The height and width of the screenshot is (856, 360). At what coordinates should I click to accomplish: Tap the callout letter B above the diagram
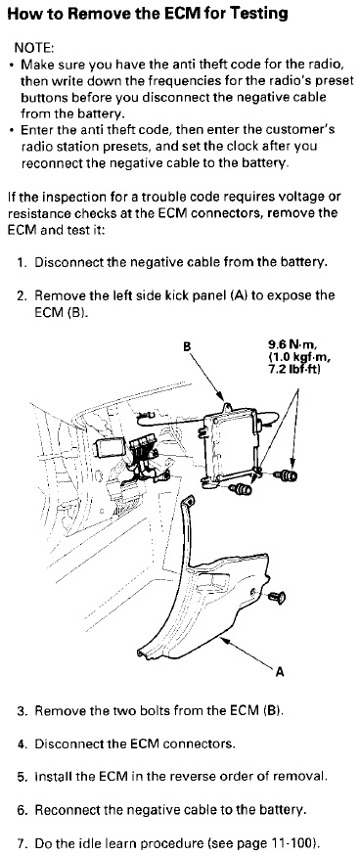click(187, 346)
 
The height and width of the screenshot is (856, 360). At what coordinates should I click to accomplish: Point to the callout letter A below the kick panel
click(280, 673)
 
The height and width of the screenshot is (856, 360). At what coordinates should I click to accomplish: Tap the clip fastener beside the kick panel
click(277, 598)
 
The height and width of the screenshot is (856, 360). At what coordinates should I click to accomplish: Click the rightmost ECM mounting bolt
click(288, 476)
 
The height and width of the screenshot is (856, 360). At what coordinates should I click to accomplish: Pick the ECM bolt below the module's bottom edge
click(241, 488)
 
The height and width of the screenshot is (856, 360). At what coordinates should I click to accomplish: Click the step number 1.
click(22, 262)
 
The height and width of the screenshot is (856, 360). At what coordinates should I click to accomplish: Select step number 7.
click(22, 844)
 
